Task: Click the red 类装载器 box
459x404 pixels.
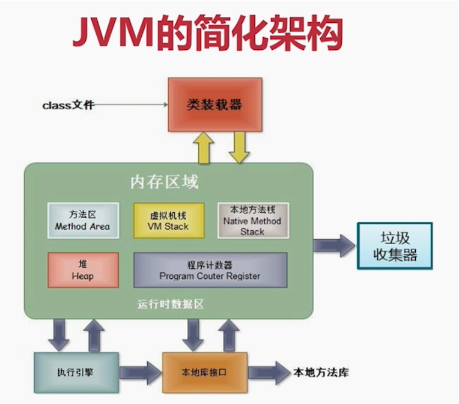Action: click(214, 105)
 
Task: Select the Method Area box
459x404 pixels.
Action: click(83, 221)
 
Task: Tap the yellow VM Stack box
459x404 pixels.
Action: click(168, 221)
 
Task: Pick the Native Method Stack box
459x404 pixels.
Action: click(252, 221)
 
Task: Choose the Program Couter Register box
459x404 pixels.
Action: click(210, 270)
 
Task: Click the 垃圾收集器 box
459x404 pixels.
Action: click(395, 246)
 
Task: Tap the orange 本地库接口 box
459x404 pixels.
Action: click(204, 373)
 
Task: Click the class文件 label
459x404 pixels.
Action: click(68, 105)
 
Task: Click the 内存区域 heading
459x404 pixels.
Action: click(164, 182)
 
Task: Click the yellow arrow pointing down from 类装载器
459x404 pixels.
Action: click(239, 147)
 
